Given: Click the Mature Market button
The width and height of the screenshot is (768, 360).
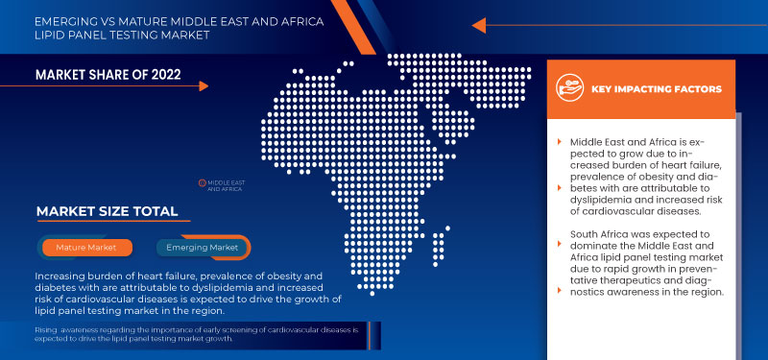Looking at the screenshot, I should point(86,248).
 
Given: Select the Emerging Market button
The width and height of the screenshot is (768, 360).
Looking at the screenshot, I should point(202,248).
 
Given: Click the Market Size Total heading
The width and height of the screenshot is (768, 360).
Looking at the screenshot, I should point(107,211).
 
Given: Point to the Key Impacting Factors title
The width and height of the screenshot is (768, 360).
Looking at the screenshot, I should point(657,89).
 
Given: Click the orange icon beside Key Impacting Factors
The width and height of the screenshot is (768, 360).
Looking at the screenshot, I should point(570,88).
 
